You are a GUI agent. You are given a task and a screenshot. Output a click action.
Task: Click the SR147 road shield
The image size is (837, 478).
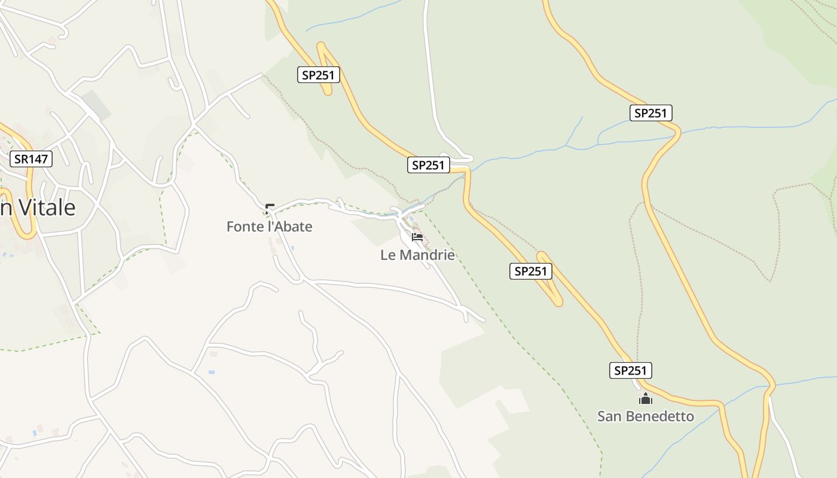coord(31,159)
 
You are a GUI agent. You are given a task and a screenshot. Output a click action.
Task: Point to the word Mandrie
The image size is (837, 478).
coord(427,255)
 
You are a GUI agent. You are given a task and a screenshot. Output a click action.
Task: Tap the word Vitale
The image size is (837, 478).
coord(48,208)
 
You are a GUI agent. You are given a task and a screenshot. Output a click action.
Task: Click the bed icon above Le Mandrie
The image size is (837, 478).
coord(417,237)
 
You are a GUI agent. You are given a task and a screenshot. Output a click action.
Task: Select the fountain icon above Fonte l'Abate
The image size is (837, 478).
coord(270,209)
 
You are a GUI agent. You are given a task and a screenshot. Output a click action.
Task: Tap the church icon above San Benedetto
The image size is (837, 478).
coord(645,399)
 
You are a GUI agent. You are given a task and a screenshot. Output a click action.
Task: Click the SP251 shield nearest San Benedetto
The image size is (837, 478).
coord(631,370)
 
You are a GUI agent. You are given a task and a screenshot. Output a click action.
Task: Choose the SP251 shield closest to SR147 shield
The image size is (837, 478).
coord(319,75)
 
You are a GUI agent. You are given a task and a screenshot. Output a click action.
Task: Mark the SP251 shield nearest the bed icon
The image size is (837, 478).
coord(429,166)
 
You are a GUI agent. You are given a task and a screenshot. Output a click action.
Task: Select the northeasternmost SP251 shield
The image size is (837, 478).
coord(650,113)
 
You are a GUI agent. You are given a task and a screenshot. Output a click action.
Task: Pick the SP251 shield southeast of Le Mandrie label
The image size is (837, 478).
coord(531,271)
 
